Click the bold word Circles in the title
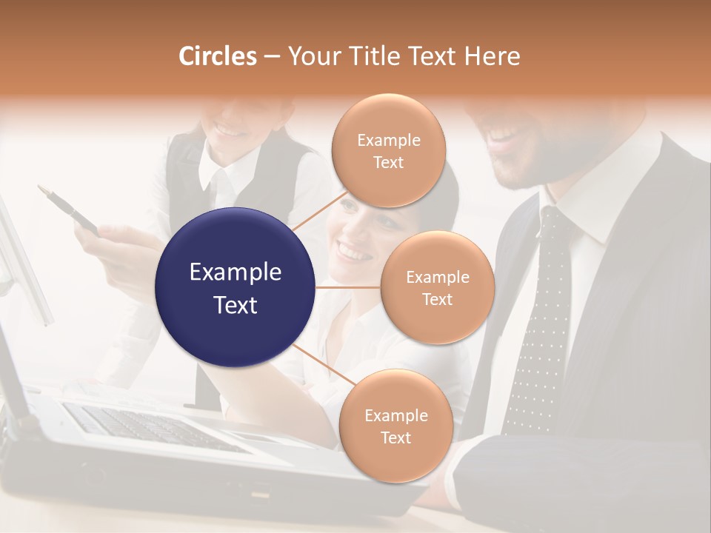[x=218, y=56]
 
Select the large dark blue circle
[x=236, y=287]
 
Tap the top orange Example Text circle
[x=388, y=150]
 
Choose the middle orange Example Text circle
[x=437, y=287]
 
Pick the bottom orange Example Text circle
[x=395, y=426]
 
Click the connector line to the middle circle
[x=348, y=287]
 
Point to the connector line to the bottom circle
[x=323, y=364]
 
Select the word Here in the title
[x=493, y=56]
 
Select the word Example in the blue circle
[x=236, y=272]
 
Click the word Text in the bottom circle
[x=395, y=438]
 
